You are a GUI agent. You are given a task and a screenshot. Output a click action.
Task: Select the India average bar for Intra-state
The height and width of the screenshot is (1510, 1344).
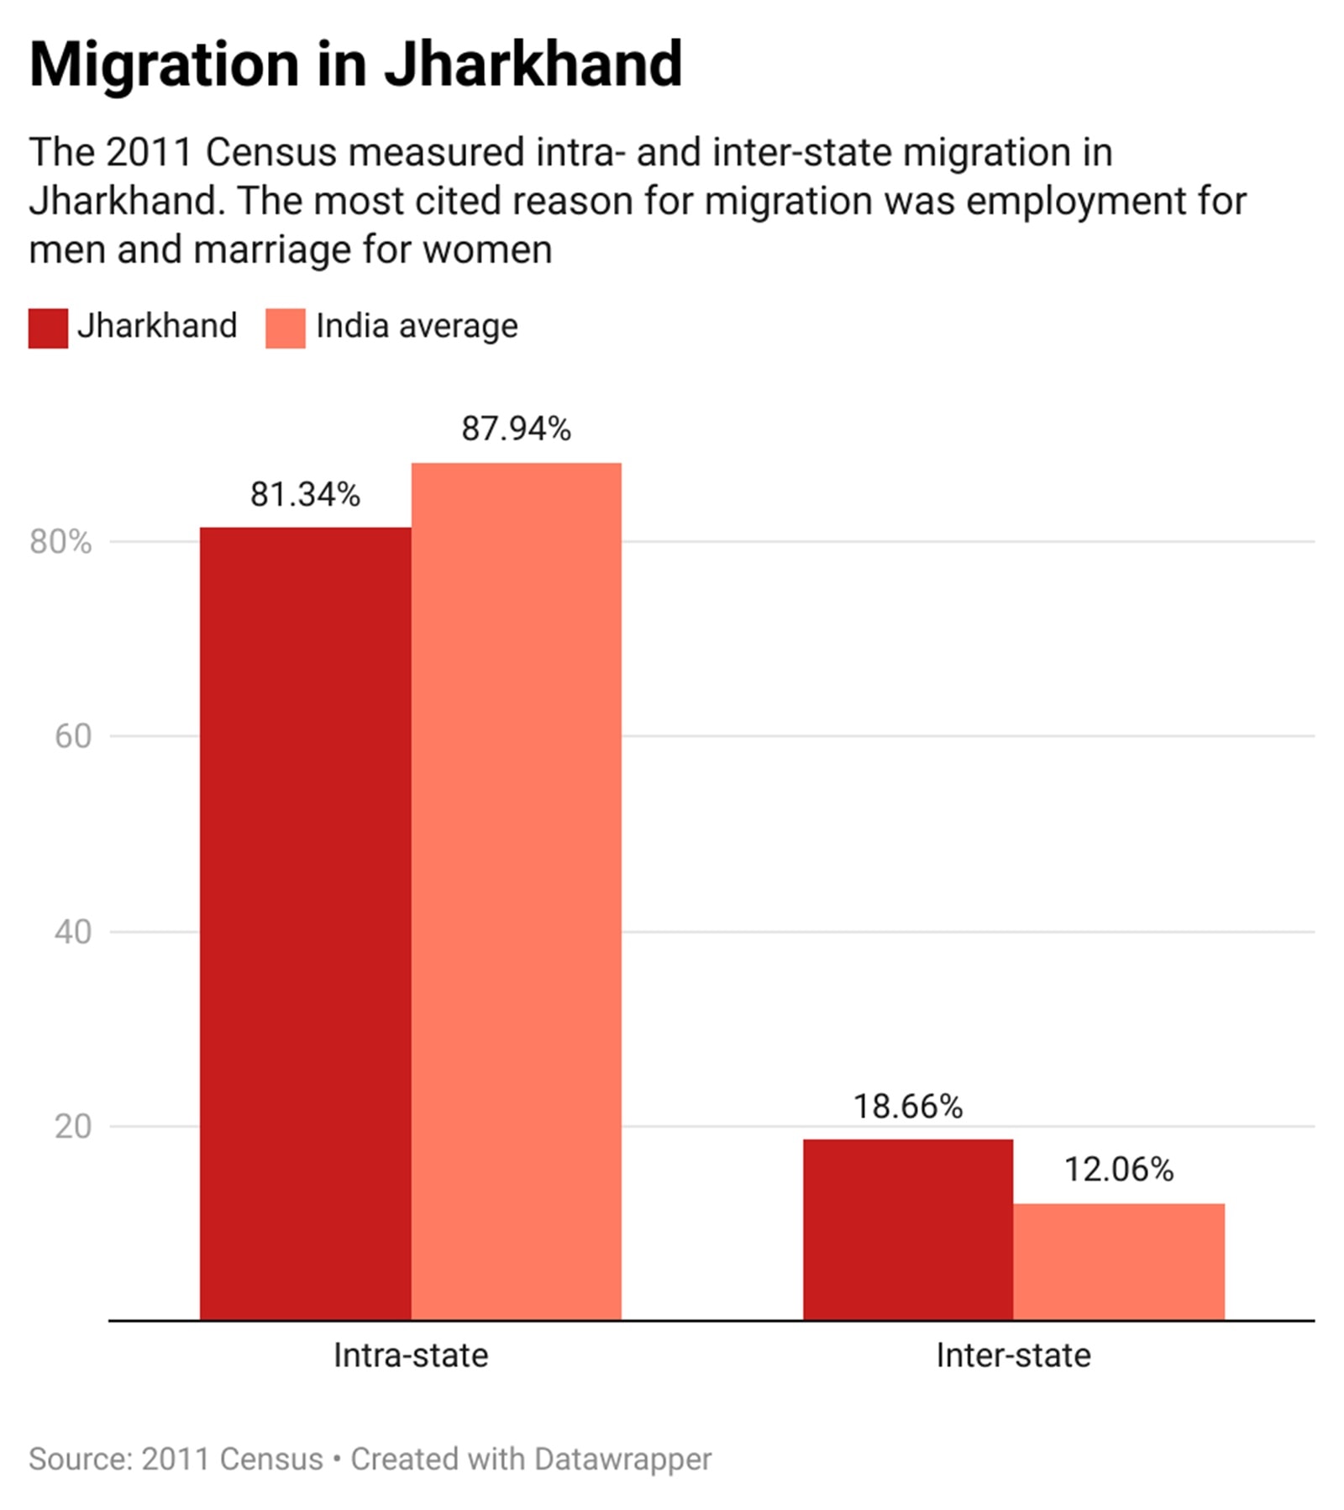click(x=516, y=891)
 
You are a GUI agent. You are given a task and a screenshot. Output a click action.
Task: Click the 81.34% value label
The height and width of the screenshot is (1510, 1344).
click(x=305, y=495)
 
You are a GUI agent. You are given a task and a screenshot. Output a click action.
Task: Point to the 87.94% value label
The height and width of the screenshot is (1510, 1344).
click(x=516, y=429)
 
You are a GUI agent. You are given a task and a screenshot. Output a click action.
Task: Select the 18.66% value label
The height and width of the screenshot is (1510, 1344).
click(x=907, y=1107)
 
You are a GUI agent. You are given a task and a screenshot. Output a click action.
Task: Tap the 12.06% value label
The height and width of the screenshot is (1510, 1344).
click(x=1118, y=1170)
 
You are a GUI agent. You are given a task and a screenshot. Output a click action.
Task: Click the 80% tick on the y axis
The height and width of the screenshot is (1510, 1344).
click(x=60, y=542)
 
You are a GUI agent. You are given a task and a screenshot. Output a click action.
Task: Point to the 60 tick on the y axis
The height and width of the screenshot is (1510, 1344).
click(x=72, y=736)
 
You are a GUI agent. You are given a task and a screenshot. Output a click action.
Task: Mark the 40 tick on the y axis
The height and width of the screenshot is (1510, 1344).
click(x=72, y=931)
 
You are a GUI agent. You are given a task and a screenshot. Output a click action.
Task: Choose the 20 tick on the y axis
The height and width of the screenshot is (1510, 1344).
click(x=72, y=1126)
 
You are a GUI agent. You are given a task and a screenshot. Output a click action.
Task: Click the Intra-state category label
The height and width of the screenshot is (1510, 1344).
click(x=410, y=1355)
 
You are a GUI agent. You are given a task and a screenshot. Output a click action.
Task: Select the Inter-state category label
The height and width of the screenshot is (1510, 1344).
click(x=1013, y=1355)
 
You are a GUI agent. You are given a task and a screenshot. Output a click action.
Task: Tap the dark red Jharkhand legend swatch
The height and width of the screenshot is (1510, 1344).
click(x=48, y=329)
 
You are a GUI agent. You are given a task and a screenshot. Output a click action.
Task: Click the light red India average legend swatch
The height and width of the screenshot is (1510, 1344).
click(x=285, y=329)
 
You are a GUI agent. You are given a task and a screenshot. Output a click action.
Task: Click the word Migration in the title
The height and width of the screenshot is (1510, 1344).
click(x=164, y=65)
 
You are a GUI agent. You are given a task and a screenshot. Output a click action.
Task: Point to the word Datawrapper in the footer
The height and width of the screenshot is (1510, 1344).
click(x=622, y=1459)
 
